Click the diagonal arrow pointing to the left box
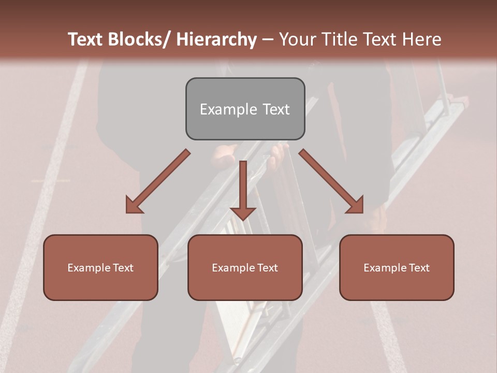tap(158, 181)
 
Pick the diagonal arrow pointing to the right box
tap(331, 181)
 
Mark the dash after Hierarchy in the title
tap(267, 40)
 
